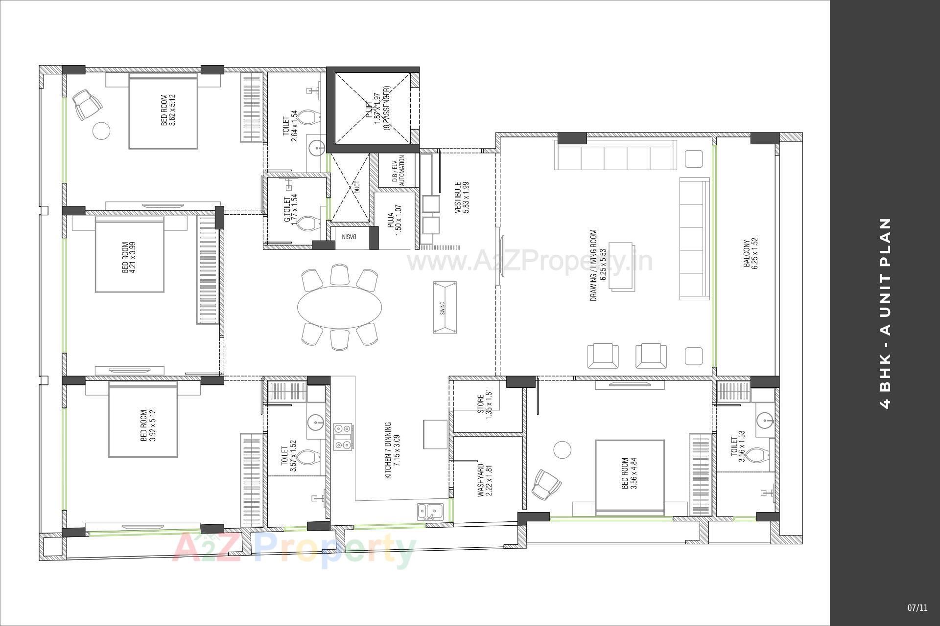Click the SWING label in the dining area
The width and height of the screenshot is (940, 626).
[x=443, y=308]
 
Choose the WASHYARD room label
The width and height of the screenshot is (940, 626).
[x=484, y=480]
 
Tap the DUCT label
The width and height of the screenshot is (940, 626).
[x=357, y=186]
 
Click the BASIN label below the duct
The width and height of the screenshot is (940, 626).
[x=349, y=237]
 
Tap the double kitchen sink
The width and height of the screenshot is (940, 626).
[x=430, y=512]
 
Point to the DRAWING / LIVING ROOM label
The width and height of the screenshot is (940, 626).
[x=598, y=265]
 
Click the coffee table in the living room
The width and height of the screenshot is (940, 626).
[x=622, y=267]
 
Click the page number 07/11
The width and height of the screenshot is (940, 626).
[x=917, y=608]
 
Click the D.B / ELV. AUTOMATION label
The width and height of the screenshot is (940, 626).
[x=399, y=171]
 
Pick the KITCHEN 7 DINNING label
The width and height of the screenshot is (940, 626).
[x=391, y=450]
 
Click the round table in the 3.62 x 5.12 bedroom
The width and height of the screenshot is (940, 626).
[x=102, y=130]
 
